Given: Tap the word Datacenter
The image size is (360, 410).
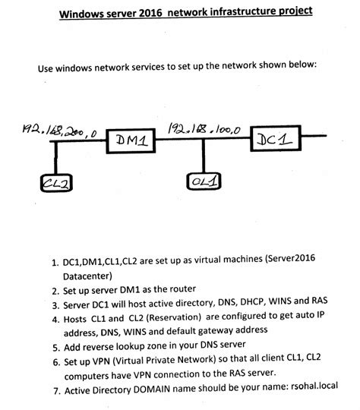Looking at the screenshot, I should pyautogui.click(x=93, y=275).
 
